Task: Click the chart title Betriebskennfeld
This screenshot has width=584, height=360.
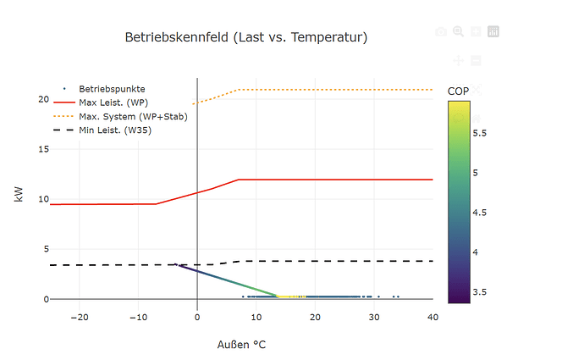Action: (x=246, y=37)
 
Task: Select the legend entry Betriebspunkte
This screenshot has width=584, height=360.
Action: (x=112, y=88)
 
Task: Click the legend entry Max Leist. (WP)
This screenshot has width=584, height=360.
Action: (x=113, y=102)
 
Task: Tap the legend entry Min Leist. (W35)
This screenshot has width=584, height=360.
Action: (x=115, y=130)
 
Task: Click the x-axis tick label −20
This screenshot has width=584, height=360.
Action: (x=80, y=317)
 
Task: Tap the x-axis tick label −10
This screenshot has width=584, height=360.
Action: (x=138, y=317)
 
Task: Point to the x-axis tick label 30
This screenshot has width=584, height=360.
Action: (x=374, y=317)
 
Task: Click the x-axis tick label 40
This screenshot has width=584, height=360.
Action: (x=432, y=317)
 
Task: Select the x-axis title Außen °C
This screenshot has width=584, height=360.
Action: (x=242, y=345)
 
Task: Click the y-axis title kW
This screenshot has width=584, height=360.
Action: (x=19, y=195)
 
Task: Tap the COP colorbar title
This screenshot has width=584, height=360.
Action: (x=458, y=91)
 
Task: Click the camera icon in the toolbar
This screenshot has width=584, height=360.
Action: (x=440, y=31)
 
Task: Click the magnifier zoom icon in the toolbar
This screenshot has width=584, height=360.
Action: (x=458, y=31)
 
